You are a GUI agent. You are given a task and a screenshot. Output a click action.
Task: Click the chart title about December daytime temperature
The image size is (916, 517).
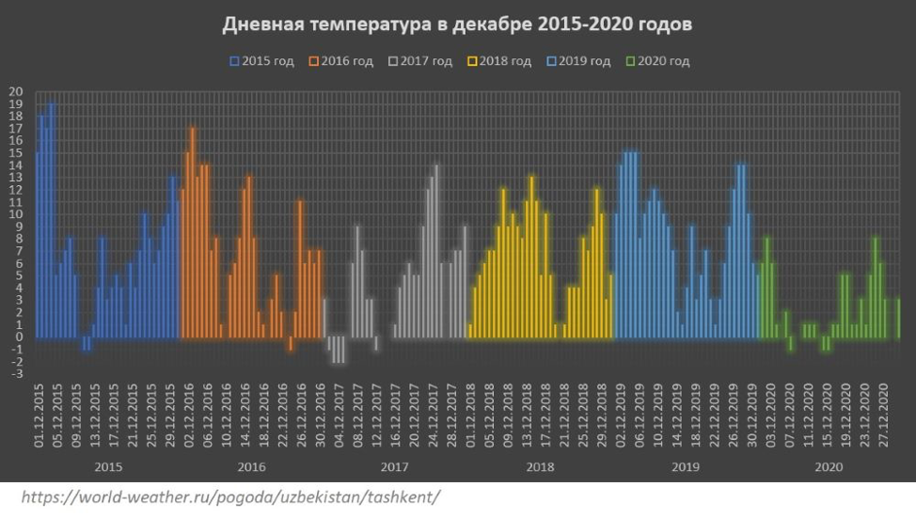pyautogui.click(x=457, y=24)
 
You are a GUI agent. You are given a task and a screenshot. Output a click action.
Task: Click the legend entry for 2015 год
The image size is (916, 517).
pyautogui.click(x=262, y=61)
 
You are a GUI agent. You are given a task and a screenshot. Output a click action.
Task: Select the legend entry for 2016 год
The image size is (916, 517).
pyautogui.click(x=341, y=61)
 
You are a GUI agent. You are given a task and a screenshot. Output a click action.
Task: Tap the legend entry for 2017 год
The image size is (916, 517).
pyautogui.click(x=420, y=61)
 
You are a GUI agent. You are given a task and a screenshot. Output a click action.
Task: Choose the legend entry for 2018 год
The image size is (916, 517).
pyautogui.click(x=499, y=61)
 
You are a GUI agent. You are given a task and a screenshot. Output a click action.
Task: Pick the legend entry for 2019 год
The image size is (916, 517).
pyautogui.click(x=578, y=61)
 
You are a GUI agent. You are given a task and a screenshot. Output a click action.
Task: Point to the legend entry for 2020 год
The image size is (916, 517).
pyautogui.click(x=657, y=61)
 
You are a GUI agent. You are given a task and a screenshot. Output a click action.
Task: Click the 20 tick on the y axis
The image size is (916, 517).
pyautogui.click(x=16, y=91)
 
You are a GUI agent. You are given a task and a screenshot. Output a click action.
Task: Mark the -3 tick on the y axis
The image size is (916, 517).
pyautogui.click(x=16, y=374)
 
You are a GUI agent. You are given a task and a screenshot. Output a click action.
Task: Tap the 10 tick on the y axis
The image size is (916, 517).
pyautogui.click(x=16, y=214)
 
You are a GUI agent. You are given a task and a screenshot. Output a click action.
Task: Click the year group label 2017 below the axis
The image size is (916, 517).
pyautogui.click(x=395, y=466)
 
